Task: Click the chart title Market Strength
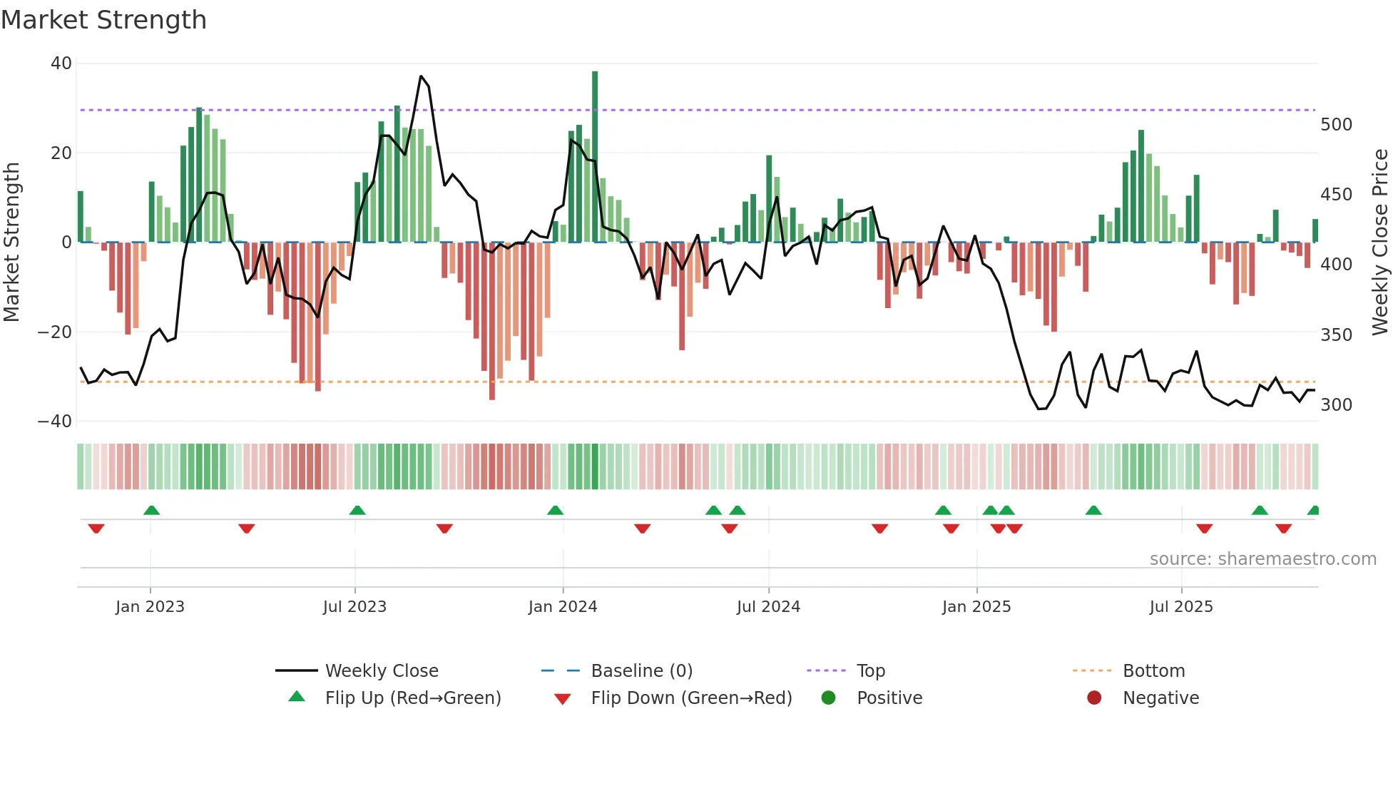pyautogui.click(x=103, y=20)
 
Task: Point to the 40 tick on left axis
pyautogui.click(x=61, y=63)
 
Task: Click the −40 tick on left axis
pyautogui.click(x=55, y=422)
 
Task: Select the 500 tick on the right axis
pyautogui.click(x=1336, y=125)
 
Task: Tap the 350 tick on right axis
pyautogui.click(x=1336, y=335)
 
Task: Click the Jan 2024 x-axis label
pyautogui.click(x=562, y=607)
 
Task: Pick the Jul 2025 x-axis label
pyautogui.click(x=1180, y=607)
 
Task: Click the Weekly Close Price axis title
pyautogui.click(x=1380, y=242)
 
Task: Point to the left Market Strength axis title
pyautogui.click(x=12, y=242)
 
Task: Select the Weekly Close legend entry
pyautogui.click(x=381, y=671)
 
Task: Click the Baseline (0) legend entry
pyautogui.click(x=641, y=671)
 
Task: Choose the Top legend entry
pyautogui.click(x=870, y=671)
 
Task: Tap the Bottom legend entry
pyautogui.click(x=1153, y=671)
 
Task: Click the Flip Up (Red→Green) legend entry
pyautogui.click(x=412, y=698)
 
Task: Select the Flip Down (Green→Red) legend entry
pyautogui.click(x=690, y=698)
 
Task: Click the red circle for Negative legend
pyautogui.click(x=1093, y=698)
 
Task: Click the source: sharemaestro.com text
pyautogui.click(x=1262, y=559)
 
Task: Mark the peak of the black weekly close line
pyautogui.click(x=421, y=76)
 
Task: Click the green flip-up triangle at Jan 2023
pyautogui.click(x=151, y=510)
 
